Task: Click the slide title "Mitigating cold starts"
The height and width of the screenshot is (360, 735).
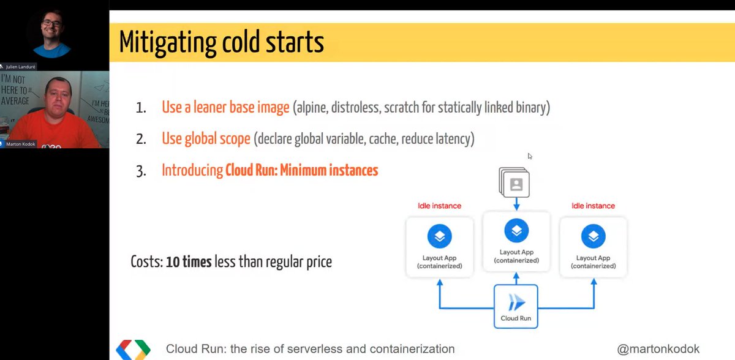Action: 221,43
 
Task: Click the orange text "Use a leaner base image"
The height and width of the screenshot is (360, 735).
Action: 225,108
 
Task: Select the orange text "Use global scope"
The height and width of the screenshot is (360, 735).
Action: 206,139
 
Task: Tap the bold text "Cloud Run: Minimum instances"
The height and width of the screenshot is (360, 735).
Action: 301,170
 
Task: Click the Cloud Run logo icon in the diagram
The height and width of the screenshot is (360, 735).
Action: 516,302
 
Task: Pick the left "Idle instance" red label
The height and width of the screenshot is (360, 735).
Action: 439,206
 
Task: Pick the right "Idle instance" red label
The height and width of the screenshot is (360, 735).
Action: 593,206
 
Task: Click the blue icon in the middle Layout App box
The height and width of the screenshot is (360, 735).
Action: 516,230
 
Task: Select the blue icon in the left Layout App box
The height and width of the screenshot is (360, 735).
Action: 439,236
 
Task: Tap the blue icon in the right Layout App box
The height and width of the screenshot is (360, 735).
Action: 593,236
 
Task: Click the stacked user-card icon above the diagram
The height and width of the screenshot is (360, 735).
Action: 514,182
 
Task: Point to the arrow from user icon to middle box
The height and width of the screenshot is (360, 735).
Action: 516,203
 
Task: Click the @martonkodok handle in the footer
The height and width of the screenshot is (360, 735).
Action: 658,349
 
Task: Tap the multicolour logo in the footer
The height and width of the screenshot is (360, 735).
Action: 133,350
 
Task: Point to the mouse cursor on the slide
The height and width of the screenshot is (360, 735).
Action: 530,156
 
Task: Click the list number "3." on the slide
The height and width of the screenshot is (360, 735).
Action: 141,171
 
